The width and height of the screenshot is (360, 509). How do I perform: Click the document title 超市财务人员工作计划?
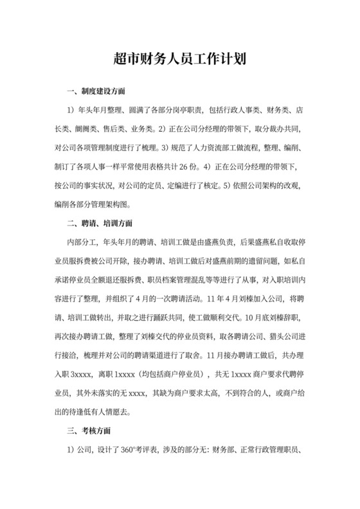click(x=179, y=60)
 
